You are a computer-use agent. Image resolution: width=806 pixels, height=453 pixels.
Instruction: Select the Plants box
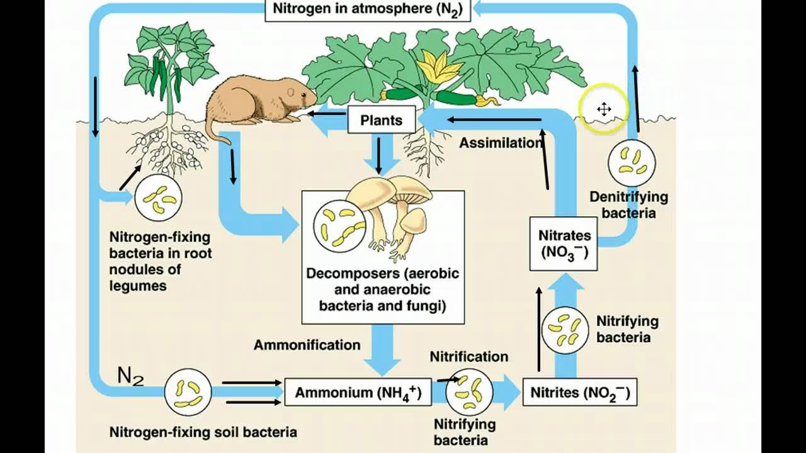click(381, 120)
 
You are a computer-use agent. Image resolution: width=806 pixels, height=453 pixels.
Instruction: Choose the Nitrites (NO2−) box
click(579, 393)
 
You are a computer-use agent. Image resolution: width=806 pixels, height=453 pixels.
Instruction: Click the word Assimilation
click(501, 143)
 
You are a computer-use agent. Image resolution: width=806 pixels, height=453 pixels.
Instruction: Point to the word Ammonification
click(307, 345)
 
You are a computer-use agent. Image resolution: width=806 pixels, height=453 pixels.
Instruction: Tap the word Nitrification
click(468, 357)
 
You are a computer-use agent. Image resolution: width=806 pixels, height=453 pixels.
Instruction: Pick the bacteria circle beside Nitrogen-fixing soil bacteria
click(188, 393)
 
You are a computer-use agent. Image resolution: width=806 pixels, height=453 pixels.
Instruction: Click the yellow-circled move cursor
click(604, 109)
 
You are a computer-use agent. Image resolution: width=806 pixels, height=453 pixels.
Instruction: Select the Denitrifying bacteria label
click(628, 204)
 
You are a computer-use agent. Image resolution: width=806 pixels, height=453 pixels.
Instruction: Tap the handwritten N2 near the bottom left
click(130, 376)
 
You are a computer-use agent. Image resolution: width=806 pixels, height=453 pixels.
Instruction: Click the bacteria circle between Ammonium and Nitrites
click(469, 393)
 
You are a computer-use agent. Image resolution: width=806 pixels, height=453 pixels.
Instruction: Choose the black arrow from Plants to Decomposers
click(378, 155)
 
